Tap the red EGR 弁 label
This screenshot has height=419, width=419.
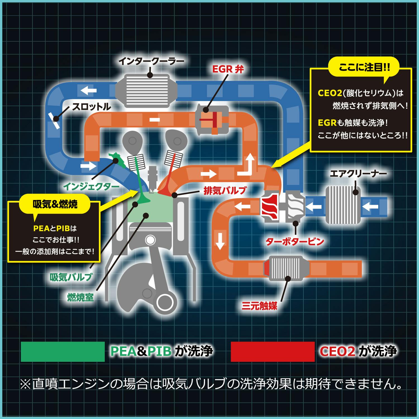[228, 69]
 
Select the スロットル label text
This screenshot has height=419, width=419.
[91, 107]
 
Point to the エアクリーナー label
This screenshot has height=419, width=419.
[358, 174]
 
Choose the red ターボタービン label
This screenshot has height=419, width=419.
[295, 241]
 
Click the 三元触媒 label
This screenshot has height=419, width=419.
[260, 306]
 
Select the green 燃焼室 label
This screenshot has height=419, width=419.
[80, 297]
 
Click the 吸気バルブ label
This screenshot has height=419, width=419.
[71, 277]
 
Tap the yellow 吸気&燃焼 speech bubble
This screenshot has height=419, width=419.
[55, 204]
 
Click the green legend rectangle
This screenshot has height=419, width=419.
[63, 352]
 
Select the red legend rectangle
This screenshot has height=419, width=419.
[273, 352]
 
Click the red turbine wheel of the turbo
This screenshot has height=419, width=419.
[269, 207]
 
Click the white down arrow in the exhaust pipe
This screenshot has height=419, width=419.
[220, 241]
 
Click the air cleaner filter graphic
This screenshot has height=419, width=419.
[343, 205]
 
